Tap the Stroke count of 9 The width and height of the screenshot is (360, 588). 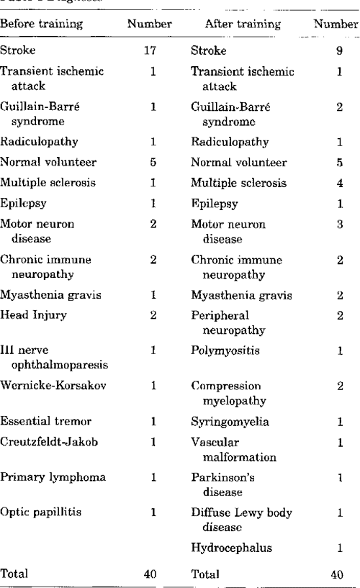[x=338, y=51]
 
